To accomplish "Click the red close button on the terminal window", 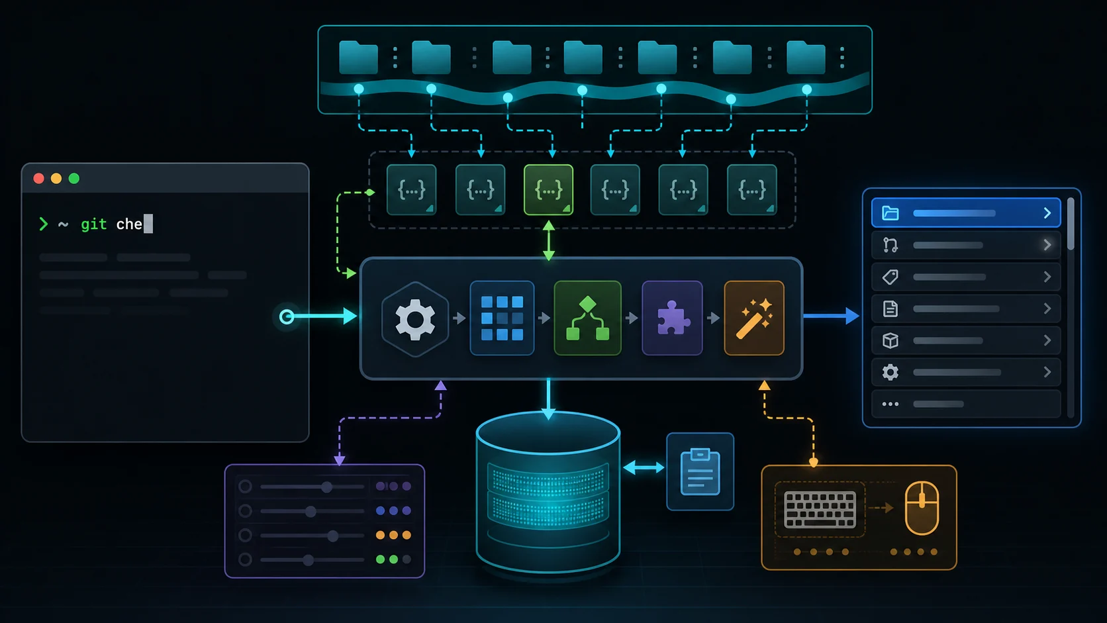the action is tap(38, 178).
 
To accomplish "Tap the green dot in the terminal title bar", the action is tap(74, 178).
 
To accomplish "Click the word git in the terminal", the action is tap(94, 224).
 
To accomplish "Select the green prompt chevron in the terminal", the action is tap(44, 224).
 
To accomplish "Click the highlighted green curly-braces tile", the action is tap(549, 190).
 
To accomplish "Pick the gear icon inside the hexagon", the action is tap(415, 319).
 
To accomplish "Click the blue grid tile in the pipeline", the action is tap(502, 318).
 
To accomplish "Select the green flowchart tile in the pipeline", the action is tap(588, 318).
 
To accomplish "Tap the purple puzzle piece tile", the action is tap(672, 318).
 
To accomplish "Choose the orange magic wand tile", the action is tap(754, 318).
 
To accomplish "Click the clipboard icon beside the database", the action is tap(700, 471).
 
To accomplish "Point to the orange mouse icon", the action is tap(922, 508).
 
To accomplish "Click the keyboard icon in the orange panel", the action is tap(820, 510).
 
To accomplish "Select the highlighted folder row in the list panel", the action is tap(966, 213).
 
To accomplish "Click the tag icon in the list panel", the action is tap(890, 277).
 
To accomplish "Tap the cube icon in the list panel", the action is tap(890, 340).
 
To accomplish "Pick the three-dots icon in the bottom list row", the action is tap(890, 404).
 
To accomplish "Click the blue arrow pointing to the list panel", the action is tap(831, 316).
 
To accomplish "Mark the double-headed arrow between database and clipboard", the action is tap(644, 467).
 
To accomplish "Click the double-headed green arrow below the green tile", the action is tap(549, 241).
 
